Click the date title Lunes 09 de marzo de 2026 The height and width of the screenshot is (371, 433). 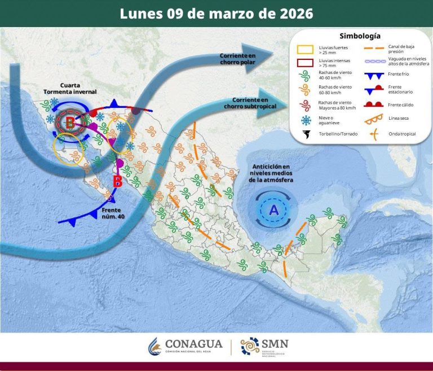[216, 14]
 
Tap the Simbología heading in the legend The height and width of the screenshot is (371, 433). [360, 36]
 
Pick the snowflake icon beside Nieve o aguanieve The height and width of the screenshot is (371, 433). [307, 120]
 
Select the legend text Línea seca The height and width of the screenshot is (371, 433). [400, 119]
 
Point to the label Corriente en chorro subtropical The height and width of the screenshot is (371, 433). [245, 103]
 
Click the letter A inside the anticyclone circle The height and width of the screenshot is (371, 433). [274, 210]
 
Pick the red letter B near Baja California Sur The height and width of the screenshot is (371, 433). [117, 182]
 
